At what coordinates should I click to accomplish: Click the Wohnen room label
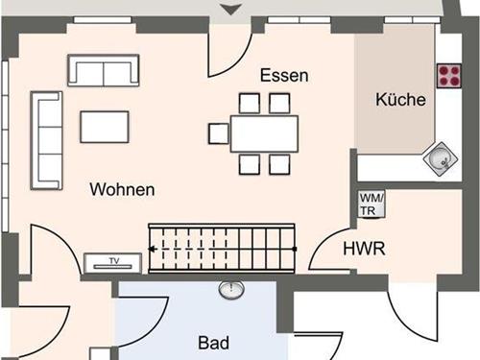pyautogui.click(x=122, y=189)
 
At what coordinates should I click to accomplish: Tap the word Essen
pyautogui.click(x=283, y=75)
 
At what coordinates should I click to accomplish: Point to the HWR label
pyautogui.click(x=364, y=250)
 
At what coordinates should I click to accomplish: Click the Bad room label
pyautogui.click(x=214, y=342)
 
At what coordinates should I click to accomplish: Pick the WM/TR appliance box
pyautogui.click(x=370, y=204)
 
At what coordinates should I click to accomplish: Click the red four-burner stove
pyautogui.click(x=448, y=75)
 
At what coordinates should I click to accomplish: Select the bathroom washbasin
pyautogui.click(x=231, y=288)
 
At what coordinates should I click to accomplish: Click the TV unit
pyautogui.click(x=113, y=261)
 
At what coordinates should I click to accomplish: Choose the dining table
pyautogui.click(x=263, y=133)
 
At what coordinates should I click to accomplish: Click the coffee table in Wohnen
pyautogui.click(x=105, y=127)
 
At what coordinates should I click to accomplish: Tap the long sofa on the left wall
pyautogui.click(x=44, y=140)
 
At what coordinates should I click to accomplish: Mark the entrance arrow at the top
pyautogui.click(x=230, y=10)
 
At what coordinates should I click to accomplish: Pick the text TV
pyautogui.click(x=113, y=261)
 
